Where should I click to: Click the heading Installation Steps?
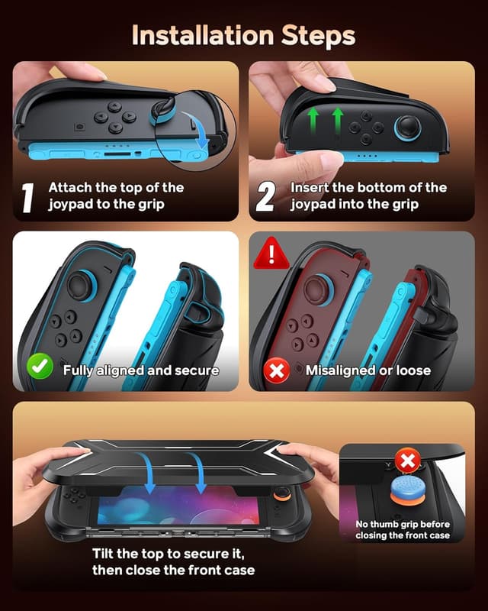click(243, 35)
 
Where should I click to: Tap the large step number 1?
click(27, 197)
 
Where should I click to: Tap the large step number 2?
click(265, 197)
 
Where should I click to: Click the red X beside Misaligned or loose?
click(276, 370)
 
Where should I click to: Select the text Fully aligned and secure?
click(141, 370)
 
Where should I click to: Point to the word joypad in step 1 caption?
click(68, 204)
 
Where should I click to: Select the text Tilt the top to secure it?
click(173, 553)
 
